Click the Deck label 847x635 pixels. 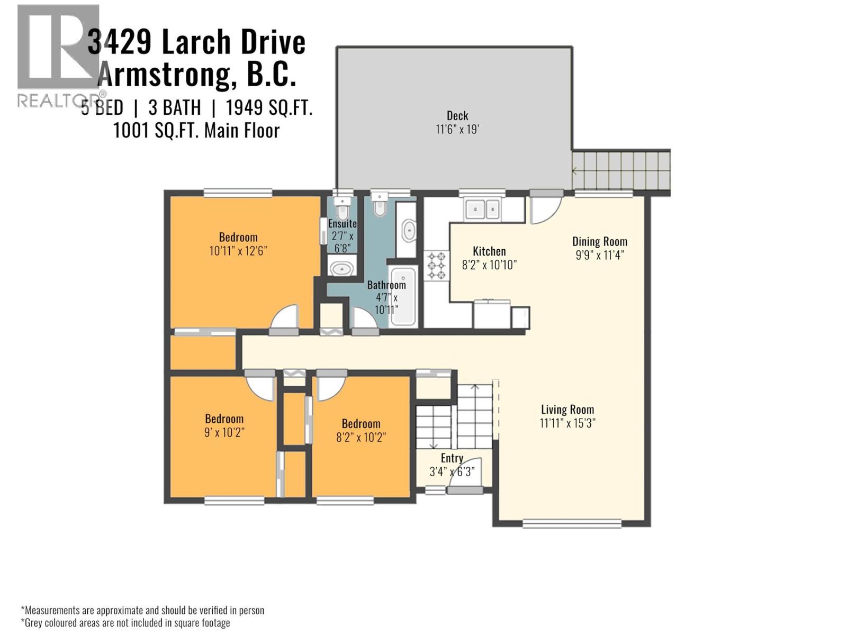[x=457, y=116]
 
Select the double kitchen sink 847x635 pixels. [x=482, y=209]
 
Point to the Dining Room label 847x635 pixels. [x=599, y=242]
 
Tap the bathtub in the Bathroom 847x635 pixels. [x=406, y=296]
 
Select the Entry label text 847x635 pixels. [x=452, y=458]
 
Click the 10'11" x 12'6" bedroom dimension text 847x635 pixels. [x=238, y=251]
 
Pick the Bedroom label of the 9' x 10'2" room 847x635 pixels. [x=224, y=419]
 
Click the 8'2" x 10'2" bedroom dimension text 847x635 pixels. [x=361, y=437]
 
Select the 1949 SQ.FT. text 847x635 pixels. [x=269, y=108]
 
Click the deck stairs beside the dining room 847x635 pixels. [x=620, y=170]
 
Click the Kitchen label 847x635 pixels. [x=489, y=251]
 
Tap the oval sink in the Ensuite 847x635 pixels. [x=343, y=268]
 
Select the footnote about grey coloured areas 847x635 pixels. [x=125, y=623]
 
